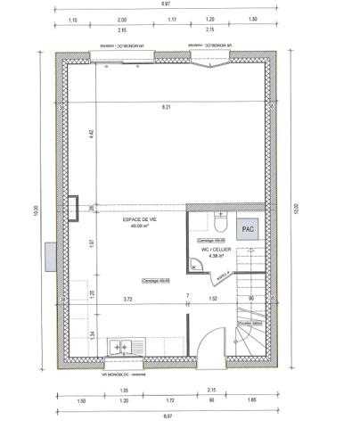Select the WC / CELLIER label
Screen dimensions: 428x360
[x=217, y=251]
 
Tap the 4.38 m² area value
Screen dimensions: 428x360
[x=217, y=258]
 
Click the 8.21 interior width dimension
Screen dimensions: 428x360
[x=166, y=107]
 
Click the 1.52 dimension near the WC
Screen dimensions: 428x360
[x=213, y=299]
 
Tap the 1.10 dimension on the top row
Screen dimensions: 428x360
[x=72, y=19]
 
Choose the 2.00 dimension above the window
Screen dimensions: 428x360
[x=121, y=19]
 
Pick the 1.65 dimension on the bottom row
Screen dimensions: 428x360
[x=251, y=401]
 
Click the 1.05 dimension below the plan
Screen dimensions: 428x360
[x=125, y=391]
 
